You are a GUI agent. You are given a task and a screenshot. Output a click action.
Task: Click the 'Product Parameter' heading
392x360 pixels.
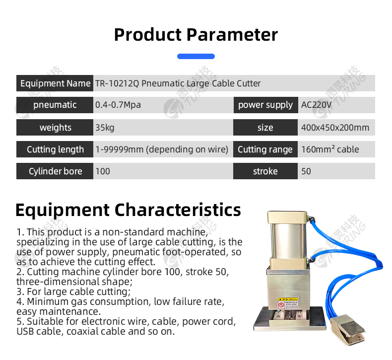click(x=196, y=35)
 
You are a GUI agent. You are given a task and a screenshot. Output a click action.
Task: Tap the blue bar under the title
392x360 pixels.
click(x=196, y=56)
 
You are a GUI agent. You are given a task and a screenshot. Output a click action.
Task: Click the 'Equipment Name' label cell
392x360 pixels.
click(x=55, y=83)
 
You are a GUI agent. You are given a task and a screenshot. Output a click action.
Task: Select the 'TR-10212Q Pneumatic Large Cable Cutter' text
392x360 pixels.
click(x=178, y=83)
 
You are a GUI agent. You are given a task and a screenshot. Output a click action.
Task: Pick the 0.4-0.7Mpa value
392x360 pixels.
click(x=118, y=105)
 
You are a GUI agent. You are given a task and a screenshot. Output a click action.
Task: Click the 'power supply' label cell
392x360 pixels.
click(x=265, y=105)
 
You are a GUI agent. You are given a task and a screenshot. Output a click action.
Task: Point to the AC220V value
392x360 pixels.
click(x=316, y=105)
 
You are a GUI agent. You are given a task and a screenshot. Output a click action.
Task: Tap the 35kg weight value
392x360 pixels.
click(x=105, y=128)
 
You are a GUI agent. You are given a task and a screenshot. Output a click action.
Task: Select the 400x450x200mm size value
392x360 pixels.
click(x=335, y=128)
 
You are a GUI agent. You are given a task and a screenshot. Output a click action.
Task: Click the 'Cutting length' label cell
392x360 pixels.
click(x=55, y=149)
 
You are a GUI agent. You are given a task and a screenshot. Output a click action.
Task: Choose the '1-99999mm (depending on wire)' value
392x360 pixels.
click(x=162, y=149)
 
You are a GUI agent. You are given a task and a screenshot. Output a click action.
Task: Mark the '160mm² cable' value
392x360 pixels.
click(x=330, y=149)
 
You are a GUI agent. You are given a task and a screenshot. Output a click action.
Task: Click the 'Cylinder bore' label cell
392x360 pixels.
click(x=55, y=171)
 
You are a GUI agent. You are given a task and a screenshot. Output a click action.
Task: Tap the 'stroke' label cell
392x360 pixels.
click(x=265, y=171)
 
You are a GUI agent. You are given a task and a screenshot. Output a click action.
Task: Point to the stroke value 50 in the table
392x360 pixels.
click(x=306, y=171)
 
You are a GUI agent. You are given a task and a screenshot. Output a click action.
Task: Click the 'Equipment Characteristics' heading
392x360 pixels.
click(x=128, y=210)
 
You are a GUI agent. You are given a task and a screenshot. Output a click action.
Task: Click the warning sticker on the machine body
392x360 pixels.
click(x=288, y=303)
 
